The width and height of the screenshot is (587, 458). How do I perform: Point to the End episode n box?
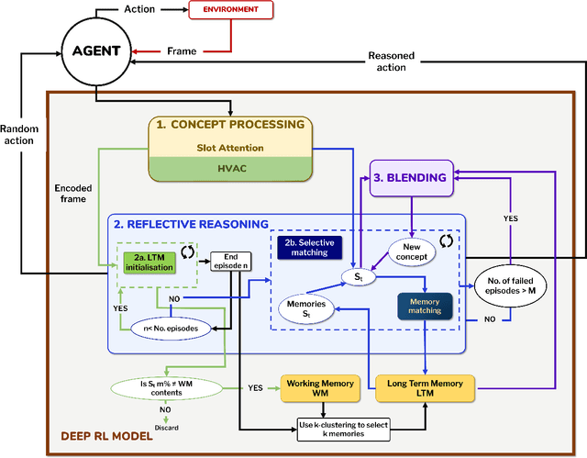[x=229, y=262]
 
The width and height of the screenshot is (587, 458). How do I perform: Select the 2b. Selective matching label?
[x=312, y=247]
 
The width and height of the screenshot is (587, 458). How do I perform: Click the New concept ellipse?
[x=411, y=251]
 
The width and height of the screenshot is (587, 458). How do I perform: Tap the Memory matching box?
[x=424, y=305]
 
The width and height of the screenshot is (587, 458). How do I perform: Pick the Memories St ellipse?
[x=305, y=308]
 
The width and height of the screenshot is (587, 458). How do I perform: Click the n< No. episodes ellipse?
[x=166, y=327]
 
